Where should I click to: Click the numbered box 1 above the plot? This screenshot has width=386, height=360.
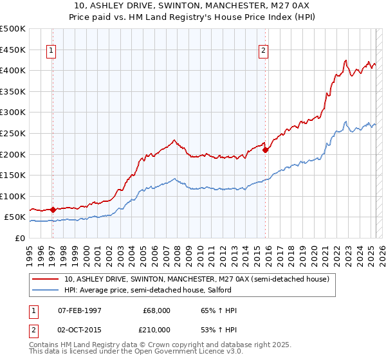(x=51, y=53)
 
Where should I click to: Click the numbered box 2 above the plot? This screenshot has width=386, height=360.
(x=264, y=53)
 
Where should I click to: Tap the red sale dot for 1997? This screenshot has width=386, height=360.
(x=53, y=210)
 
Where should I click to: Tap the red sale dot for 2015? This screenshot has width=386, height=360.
(x=266, y=150)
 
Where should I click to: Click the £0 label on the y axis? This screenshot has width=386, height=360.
(x=20, y=238)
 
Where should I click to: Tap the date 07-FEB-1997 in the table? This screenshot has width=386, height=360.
(x=79, y=310)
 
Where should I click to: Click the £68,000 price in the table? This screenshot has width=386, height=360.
(x=157, y=310)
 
